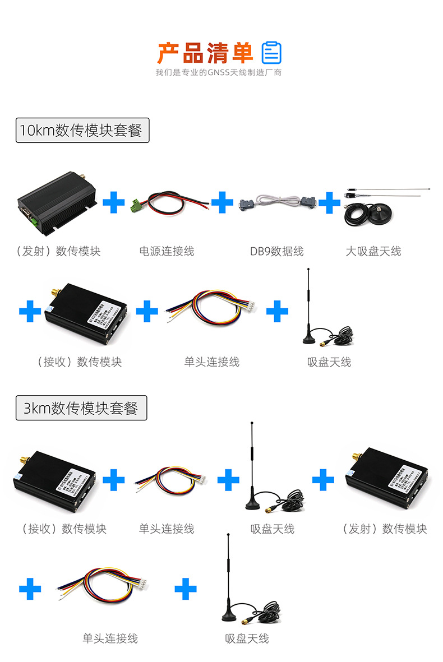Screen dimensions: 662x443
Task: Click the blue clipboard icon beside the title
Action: pyautogui.click(x=272, y=53)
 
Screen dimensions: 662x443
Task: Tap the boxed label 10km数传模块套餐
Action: pyautogui.click(x=82, y=130)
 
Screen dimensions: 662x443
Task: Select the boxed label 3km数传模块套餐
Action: pyautogui.click(x=81, y=408)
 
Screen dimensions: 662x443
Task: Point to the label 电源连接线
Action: pyautogui.click(x=167, y=251)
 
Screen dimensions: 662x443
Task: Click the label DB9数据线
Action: pyautogui.click(x=277, y=251)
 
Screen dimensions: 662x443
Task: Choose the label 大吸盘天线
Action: pyautogui.click(x=373, y=251)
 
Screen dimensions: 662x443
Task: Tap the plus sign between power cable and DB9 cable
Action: pyautogui.click(x=222, y=202)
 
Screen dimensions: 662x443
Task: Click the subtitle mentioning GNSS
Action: pyautogui.click(x=218, y=72)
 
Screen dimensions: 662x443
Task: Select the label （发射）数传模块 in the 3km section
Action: pyautogui.click(x=385, y=529)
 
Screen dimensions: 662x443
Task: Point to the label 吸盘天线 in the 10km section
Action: pyautogui.click(x=329, y=362)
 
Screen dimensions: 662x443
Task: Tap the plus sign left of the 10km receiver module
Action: pyautogui.click(x=30, y=312)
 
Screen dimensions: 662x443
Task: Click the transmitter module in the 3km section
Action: pyautogui.click(x=386, y=478)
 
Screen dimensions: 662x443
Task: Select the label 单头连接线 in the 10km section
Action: pyautogui.click(x=211, y=362)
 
